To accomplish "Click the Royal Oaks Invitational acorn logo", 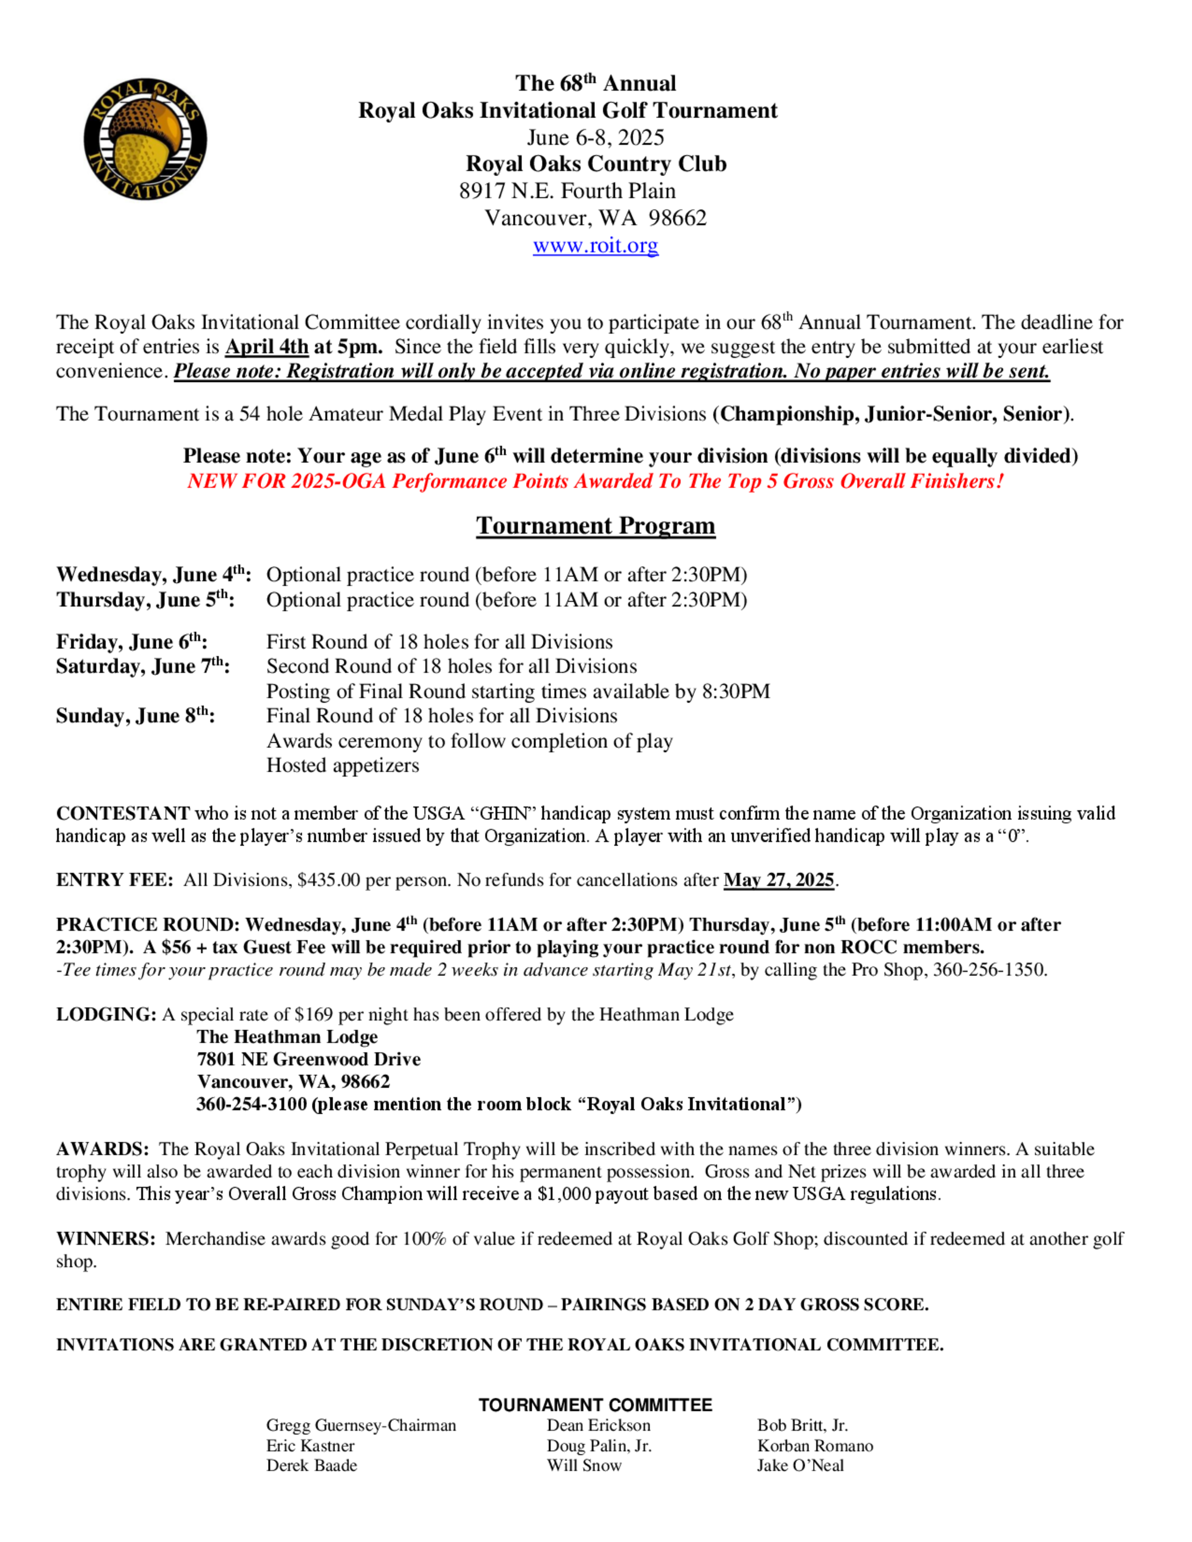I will (x=145, y=139).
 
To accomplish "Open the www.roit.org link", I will (x=595, y=245).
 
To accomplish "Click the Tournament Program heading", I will (x=595, y=526).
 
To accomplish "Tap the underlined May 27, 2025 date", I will (x=779, y=881).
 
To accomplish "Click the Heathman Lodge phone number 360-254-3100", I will (x=252, y=1104).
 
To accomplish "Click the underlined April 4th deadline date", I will (x=267, y=347).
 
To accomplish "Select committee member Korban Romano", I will (x=815, y=1446).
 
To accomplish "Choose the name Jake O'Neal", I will (x=800, y=1466).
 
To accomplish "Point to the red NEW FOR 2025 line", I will (x=595, y=481).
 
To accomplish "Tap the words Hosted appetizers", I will (x=343, y=766).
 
